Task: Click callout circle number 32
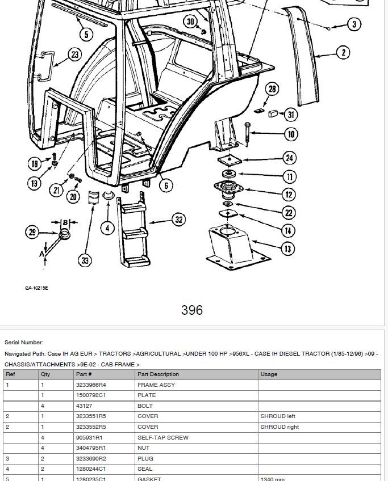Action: click(x=179, y=220)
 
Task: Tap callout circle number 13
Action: click(x=289, y=248)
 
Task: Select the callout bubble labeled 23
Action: click(x=76, y=55)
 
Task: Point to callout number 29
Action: click(x=32, y=232)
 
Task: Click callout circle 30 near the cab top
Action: click(x=190, y=22)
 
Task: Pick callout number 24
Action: click(x=290, y=158)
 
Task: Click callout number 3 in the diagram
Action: click(x=354, y=24)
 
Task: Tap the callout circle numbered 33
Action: click(x=85, y=260)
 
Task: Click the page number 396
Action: click(x=192, y=310)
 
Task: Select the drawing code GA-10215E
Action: click(x=36, y=288)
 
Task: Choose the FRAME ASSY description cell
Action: click(x=156, y=385)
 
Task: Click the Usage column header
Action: click(x=269, y=374)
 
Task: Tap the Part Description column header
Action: click(x=158, y=374)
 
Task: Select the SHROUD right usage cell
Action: click(x=279, y=427)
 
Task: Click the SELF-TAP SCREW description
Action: click(x=163, y=437)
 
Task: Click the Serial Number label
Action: click(x=24, y=343)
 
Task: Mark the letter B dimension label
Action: click(x=65, y=222)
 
